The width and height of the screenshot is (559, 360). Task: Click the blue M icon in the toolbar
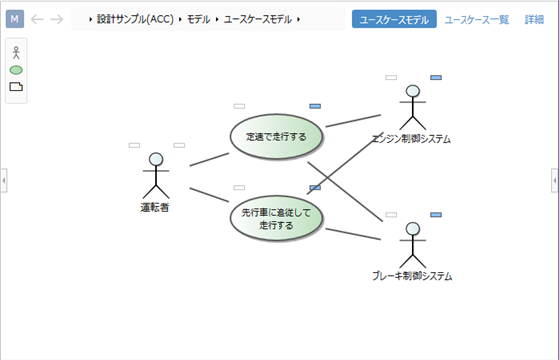point(15,19)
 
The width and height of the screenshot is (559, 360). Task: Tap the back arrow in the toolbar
point(37,19)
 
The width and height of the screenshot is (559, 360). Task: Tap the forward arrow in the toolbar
point(57,19)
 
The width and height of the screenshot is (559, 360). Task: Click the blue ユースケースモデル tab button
point(394,19)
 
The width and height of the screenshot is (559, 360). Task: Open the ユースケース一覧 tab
point(476,19)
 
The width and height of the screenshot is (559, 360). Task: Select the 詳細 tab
point(534,19)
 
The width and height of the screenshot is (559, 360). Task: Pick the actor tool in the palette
point(15,53)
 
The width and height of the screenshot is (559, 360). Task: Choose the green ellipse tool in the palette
point(15,71)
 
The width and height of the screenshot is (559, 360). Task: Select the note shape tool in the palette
point(15,88)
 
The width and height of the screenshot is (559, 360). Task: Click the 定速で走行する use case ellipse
point(276,136)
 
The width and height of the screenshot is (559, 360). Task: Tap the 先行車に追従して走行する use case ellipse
point(276,219)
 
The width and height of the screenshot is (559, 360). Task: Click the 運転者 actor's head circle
point(155,160)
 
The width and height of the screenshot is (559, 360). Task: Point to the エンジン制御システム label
point(411,139)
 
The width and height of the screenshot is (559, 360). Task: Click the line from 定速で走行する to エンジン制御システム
point(352,122)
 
